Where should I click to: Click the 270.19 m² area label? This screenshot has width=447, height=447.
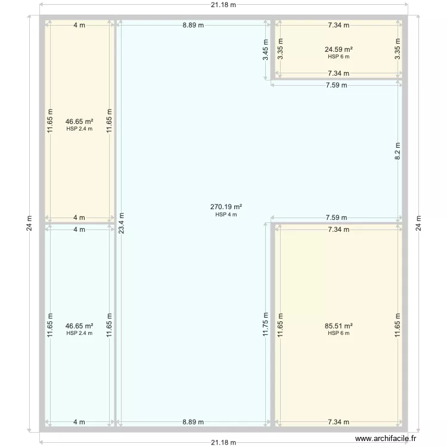coord(226,207)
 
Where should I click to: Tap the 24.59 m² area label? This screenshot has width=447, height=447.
coord(339,49)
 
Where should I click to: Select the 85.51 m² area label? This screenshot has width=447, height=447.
coord(339,326)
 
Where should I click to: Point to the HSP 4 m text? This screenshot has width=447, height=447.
coord(226,215)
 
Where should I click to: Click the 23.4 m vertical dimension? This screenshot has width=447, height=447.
coord(122,223)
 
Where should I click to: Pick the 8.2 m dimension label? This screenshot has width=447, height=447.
coord(398,151)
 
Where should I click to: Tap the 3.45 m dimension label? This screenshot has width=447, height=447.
coord(265,50)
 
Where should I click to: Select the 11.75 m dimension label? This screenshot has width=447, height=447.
coord(265,324)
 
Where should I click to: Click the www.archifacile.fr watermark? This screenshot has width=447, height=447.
coord(386,439)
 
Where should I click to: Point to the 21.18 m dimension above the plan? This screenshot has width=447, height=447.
coord(223,5)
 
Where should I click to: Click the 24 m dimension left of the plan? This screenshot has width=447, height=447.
coord(29,223)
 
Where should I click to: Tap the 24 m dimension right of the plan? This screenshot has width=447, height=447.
coord(418,223)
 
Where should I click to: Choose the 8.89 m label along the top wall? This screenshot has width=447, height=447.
coord(193,25)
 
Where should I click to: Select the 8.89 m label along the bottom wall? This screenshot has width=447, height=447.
coord(193,422)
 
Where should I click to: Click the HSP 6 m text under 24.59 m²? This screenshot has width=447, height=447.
coord(339,57)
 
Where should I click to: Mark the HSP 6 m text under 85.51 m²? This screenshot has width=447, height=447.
coord(339,333)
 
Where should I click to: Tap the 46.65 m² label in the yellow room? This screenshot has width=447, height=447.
coord(79,122)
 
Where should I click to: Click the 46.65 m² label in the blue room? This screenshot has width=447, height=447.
coord(79,326)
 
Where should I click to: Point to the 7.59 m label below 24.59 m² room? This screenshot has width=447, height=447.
coord(337,85)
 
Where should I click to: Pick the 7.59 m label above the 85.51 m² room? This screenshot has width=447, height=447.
coord(337,218)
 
